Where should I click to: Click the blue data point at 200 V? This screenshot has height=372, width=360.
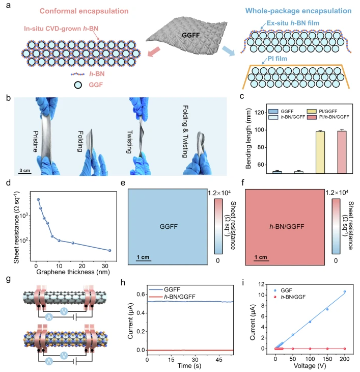[345, 292]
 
